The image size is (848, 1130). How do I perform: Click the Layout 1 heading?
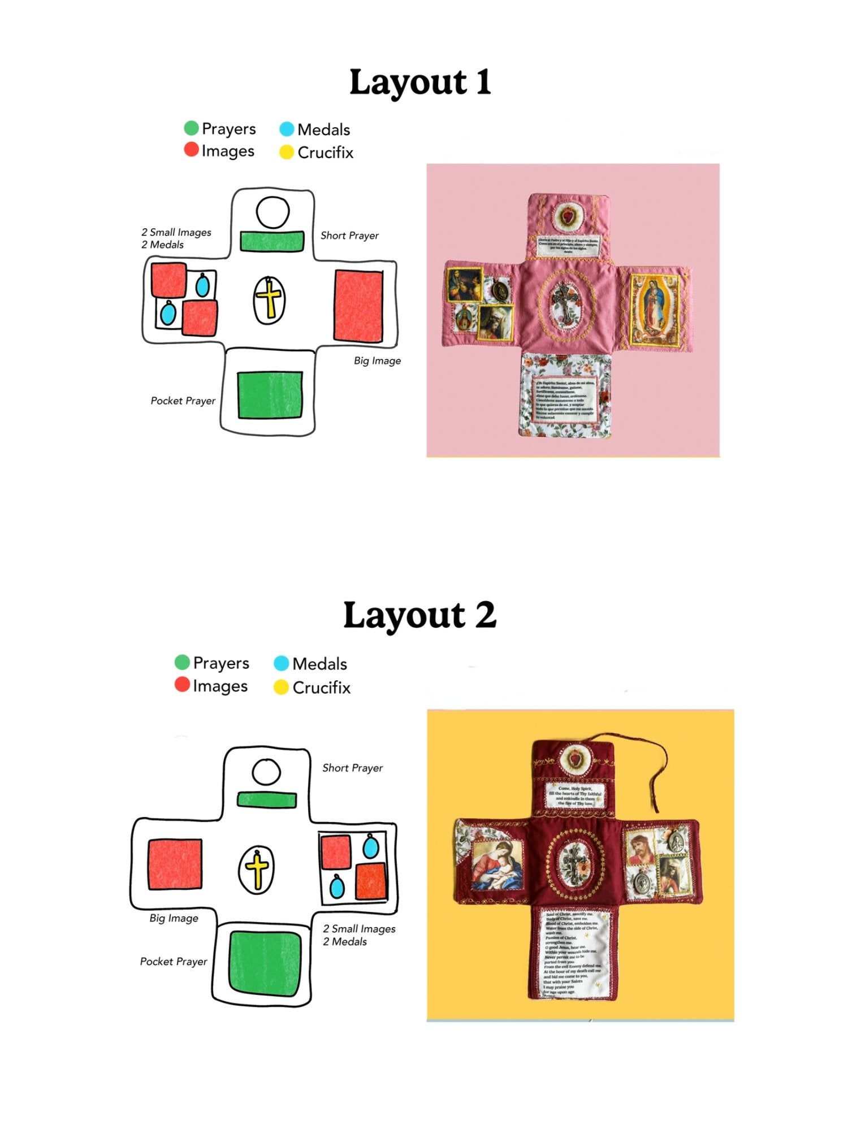(x=420, y=82)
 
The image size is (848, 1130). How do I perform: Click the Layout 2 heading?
(x=420, y=615)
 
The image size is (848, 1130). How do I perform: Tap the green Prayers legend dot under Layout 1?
(x=191, y=128)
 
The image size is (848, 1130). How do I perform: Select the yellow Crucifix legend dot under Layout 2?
(x=281, y=688)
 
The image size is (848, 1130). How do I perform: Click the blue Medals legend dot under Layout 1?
(x=287, y=129)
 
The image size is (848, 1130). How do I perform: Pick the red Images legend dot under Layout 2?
(x=182, y=685)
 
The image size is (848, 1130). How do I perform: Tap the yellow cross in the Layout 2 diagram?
(x=257, y=870)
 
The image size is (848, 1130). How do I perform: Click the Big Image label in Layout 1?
(x=377, y=360)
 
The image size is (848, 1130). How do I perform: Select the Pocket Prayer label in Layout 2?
(x=174, y=962)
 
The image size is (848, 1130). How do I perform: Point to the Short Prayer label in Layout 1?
(x=349, y=236)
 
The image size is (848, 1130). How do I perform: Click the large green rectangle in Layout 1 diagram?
(x=270, y=395)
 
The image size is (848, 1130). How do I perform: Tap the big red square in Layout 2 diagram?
(x=175, y=864)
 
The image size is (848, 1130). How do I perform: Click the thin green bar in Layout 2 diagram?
(x=267, y=800)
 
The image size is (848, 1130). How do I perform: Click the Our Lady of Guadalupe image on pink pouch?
(x=654, y=309)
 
